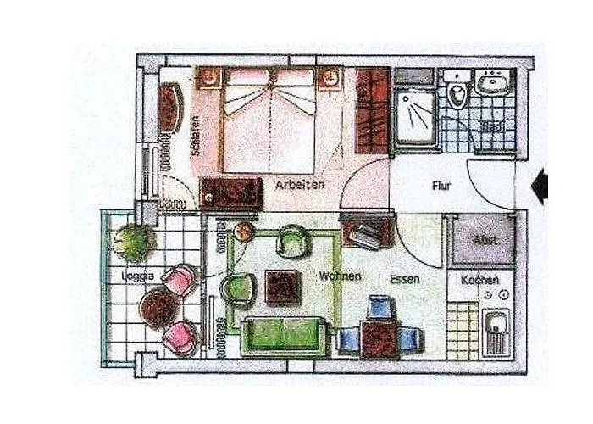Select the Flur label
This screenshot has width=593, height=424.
pyautogui.click(x=441, y=184)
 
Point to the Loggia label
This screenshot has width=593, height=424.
pyautogui.click(x=137, y=276)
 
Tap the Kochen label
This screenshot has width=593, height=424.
pyautogui.click(x=479, y=280)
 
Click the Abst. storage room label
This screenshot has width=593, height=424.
pyautogui.click(x=485, y=241)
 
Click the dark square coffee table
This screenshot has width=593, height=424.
pyautogui.click(x=282, y=287)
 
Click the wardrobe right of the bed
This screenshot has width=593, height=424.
pyautogui.click(x=371, y=109)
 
